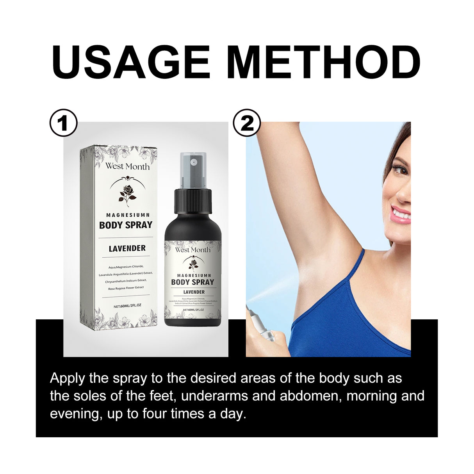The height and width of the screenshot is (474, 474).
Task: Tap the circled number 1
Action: coord(64,123)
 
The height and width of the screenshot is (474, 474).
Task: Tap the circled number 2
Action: coord(247,123)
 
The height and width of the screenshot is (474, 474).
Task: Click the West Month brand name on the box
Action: coord(127,166)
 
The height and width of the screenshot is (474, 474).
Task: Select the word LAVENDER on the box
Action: coord(127,248)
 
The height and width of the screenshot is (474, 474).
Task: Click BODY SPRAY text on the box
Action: coord(126,225)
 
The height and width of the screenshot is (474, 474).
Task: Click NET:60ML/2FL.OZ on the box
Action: coord(127,306)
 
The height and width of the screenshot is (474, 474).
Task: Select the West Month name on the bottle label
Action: coord(192,250)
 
